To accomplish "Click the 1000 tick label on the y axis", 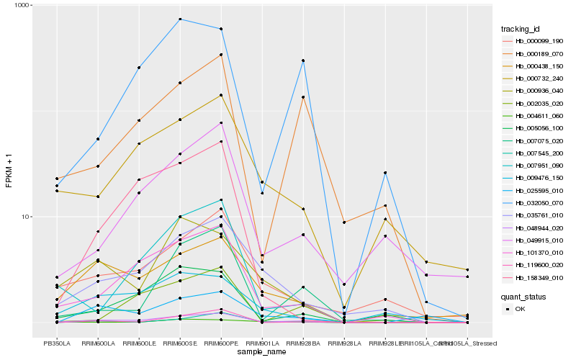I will coord(18,6).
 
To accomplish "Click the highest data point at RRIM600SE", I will coord(180,19).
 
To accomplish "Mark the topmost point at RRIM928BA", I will coord(303,60).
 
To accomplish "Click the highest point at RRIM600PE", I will coord(221,29).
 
